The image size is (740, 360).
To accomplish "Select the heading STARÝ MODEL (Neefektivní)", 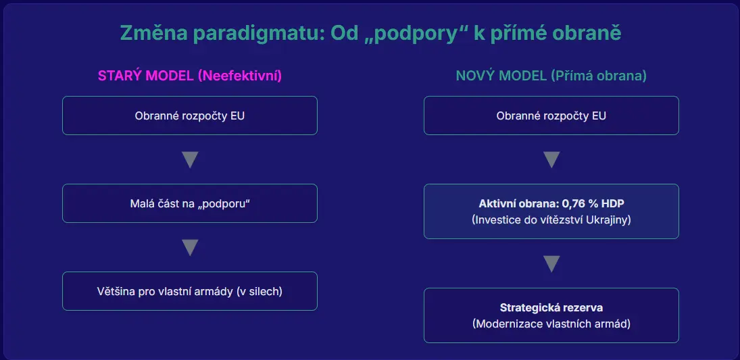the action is (190, 76).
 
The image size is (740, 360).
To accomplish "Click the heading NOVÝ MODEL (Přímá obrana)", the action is (551, 76).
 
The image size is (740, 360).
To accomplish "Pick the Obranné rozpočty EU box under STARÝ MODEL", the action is (190, 115).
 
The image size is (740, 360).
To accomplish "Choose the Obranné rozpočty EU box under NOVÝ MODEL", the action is (551, 115).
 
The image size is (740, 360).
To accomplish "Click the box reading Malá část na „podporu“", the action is (190, 203).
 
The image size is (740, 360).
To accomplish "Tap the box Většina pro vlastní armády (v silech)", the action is (190, 291).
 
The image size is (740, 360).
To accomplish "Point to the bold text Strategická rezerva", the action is (551, 308).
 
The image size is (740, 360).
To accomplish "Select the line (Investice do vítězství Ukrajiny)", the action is (551, 220).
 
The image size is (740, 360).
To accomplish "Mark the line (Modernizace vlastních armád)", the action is (551, 324).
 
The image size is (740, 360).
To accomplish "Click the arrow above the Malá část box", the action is (190, 160).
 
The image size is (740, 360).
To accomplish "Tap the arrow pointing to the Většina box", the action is (190, 248).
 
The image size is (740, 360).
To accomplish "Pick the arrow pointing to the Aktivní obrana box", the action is (551, 160).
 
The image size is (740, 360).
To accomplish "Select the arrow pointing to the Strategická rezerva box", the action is (551, 263).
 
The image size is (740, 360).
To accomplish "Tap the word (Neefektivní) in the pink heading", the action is (240, 76).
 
